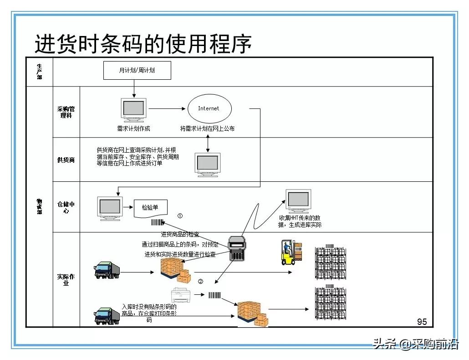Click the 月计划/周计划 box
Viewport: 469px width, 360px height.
[x=137, y=71]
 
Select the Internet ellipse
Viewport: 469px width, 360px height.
[x=209, y=109]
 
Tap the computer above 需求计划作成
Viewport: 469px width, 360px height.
[x=133, y=110]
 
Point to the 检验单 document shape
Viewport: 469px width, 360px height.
[x=150, y=208]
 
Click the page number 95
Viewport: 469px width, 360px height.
[x=422, y=322]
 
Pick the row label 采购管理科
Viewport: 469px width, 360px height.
[x=66, y=112]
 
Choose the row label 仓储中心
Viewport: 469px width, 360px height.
[x=66, y=207]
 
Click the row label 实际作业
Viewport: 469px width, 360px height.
[x=66, y=279]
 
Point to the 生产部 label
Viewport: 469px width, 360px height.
[x=40, y=72]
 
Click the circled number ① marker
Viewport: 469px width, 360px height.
[x=180, y=216]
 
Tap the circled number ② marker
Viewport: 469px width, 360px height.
[x=200, y=281]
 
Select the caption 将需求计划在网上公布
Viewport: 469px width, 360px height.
[x=207, y=129]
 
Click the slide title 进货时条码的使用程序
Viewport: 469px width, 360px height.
[x=143, y=44]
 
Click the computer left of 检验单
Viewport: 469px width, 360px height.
[x=110, y=208]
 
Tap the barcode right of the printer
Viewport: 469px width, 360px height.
[x=214, y=295]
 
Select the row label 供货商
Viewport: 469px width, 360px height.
[x=66, y=160]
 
